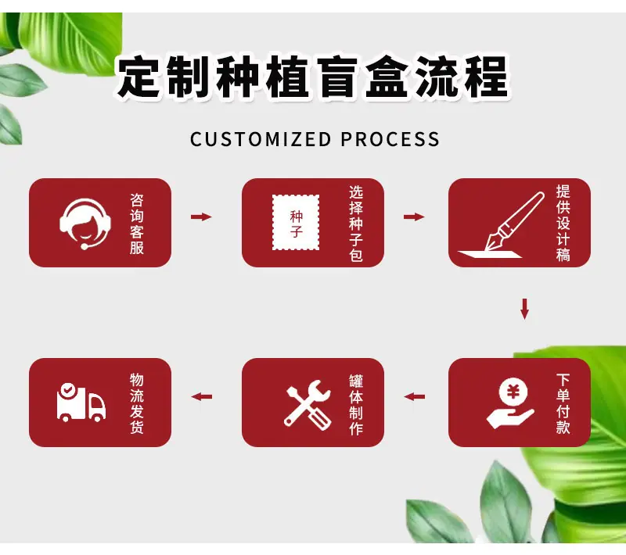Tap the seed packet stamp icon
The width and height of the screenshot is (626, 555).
click(x=296, y=223)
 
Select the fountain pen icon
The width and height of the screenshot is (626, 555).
click(x=502, y=225)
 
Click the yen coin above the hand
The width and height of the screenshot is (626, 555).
click(x=513, y=392)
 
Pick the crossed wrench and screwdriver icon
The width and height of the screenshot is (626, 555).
click(x=308, y=405)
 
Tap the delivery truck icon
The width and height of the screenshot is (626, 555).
click(x=81, y=402)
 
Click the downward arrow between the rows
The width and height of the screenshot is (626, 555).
click(x=525, y=309)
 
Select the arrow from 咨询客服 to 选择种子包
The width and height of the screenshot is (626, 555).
click(x=201, y=217)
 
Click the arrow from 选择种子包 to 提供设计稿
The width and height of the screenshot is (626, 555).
click(x=414, y=217)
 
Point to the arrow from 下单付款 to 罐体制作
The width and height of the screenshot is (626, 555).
click(x=414, y=397)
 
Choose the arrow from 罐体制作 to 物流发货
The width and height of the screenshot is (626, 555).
click(x=201, y=397)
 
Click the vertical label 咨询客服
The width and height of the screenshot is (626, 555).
click(x=136, y=224)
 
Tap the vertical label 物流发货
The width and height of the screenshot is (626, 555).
click(x=136, y=403)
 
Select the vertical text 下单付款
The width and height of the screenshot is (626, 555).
click(x=563, y=403)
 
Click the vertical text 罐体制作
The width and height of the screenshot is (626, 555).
click(x=356, y=405)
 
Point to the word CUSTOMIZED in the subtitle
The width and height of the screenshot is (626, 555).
click(x=261, y=140)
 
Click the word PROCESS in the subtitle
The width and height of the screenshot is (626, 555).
click(x=390, y=140)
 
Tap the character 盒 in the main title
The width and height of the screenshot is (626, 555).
click(x=386, y=77)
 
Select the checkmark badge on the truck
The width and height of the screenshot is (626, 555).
click(x=68, y=388)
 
